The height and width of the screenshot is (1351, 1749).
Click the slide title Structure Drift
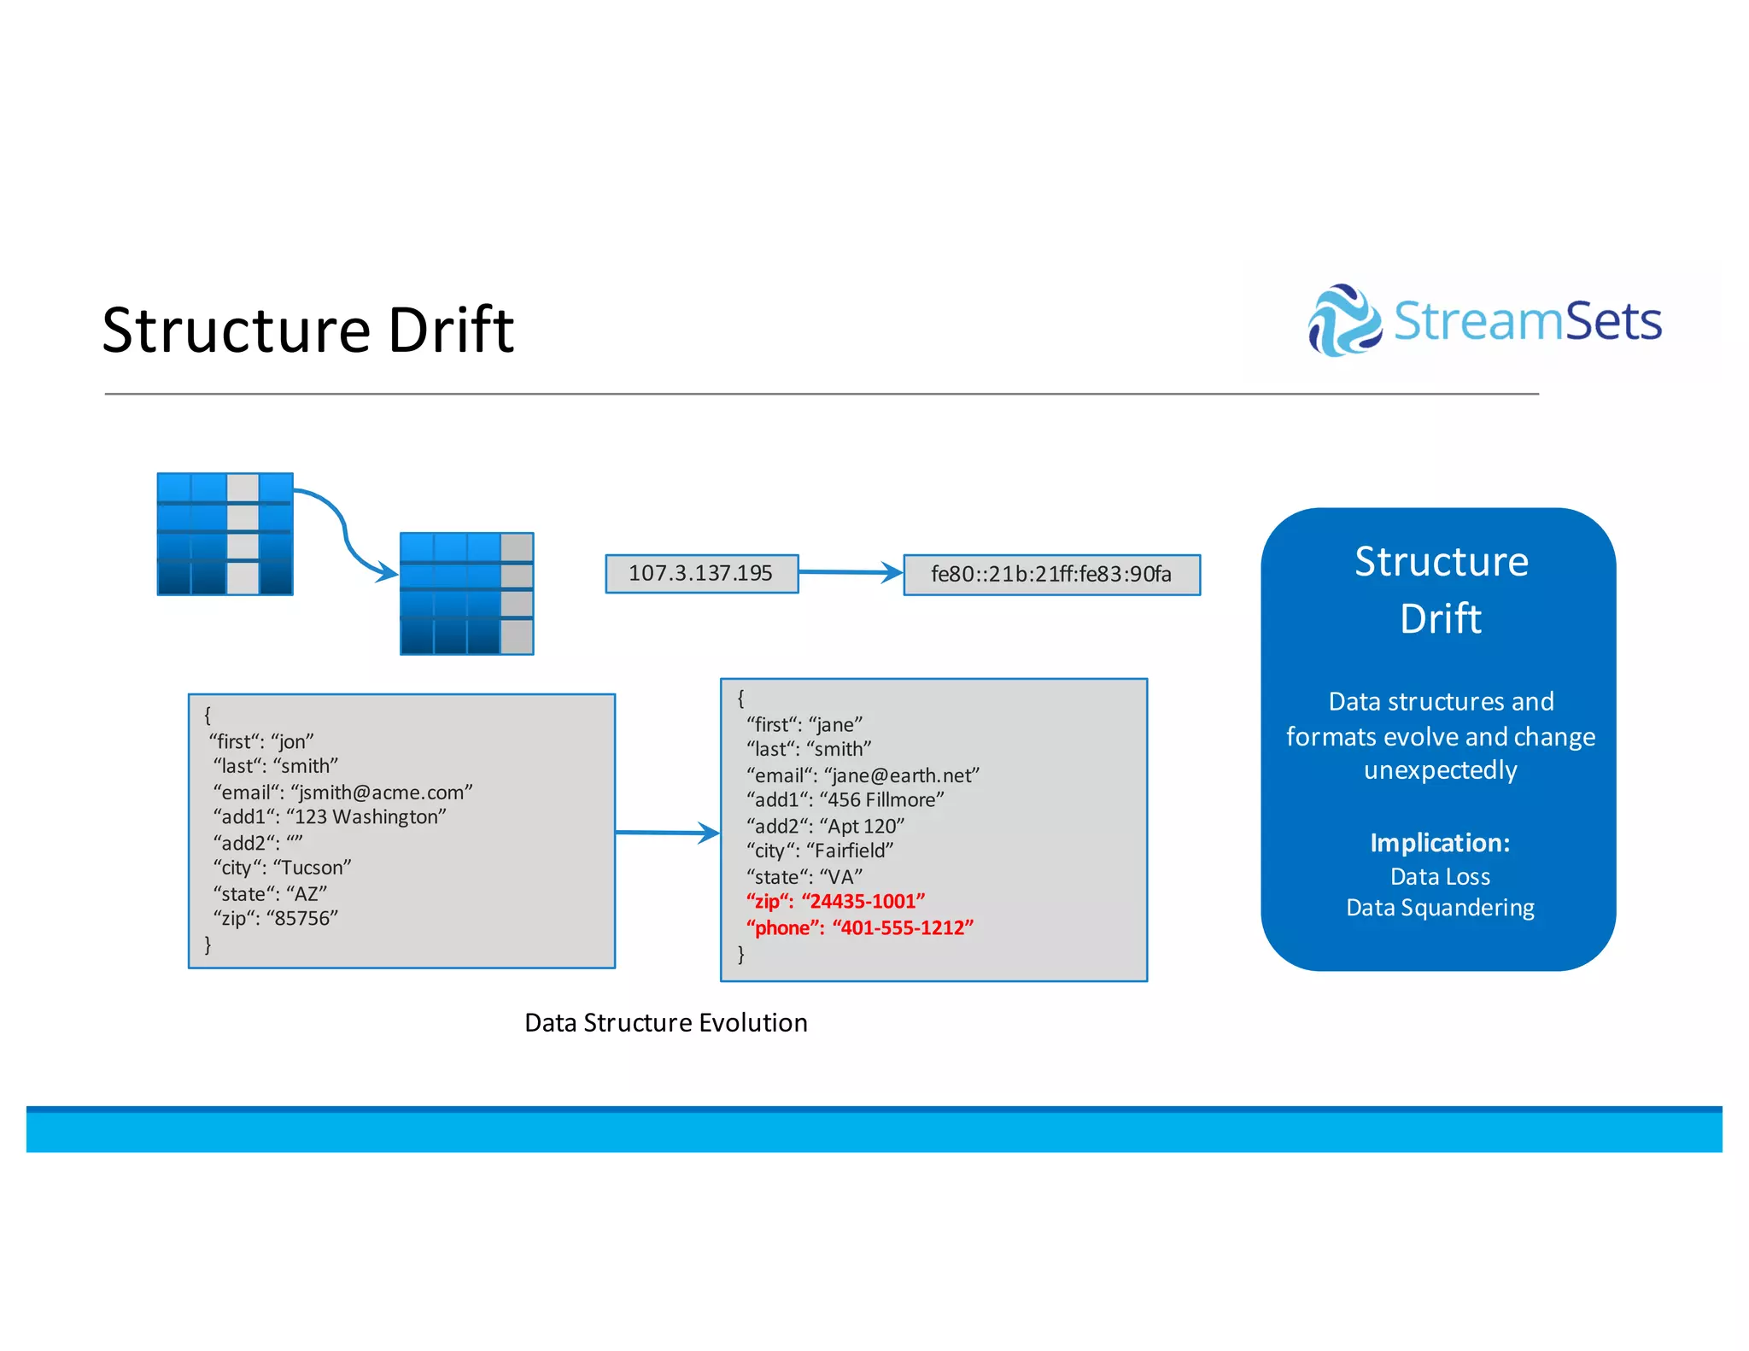pyautogui.click(x=307, y=330)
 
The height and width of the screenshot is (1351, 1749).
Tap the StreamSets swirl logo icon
pyautogui.click(x=1344, y=321)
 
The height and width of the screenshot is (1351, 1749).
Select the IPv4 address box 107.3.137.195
pyautogui.click(x=701, y=573)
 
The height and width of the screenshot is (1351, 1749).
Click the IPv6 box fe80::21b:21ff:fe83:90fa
pyautogui.click(x=1051, y=574)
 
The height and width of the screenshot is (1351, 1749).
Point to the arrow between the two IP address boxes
pyautogui.click(x=851, y=572)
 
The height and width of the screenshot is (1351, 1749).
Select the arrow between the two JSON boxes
pyautogui.click(x=667, y=832)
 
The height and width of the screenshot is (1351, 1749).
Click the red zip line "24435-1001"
pyautogui.click(x=835, y=901)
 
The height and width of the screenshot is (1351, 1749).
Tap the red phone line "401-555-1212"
pyautogui.click(x=859, y=927)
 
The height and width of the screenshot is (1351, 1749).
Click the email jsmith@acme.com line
pyautogui.click(x=342, y=792)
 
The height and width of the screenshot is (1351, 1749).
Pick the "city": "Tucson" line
pyautogui.click(x=282, y=868)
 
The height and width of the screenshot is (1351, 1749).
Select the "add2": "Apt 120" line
pyautogui.click(x=825, y=826)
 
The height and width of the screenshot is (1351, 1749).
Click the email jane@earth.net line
pyautogui.click(x=863, y=775)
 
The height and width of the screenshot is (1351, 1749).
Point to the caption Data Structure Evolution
pyautogui.click(x=665, y=1022)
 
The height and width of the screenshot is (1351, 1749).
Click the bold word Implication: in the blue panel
pyautogui.click(x=1440, y=843)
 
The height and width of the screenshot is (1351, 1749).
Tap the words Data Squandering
pyautogui.click(x=1440, y=907)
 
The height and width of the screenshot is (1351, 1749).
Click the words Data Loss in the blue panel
pyautogui.click(x=1440, y=876)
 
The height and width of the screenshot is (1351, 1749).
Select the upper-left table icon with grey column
pyautogui.click(x=225, y=534)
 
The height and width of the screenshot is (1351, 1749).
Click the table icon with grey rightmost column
pyautogui.click(x=466, y=594)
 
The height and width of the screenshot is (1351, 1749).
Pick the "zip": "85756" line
pyautogui.click(x=275, y=918)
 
